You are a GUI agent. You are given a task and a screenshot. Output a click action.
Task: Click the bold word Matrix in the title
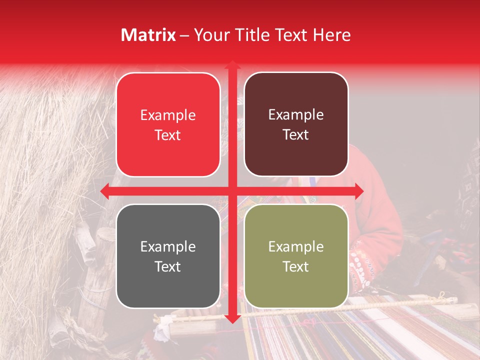[x=148, y=35]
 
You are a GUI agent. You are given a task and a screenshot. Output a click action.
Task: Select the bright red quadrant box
[x=168, y=124]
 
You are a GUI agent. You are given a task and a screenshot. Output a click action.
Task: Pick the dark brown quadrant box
[x=296, y=124]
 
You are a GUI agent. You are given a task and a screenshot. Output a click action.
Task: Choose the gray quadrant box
[x=168, y=256]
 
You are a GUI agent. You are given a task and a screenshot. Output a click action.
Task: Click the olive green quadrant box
[x=296, y=256]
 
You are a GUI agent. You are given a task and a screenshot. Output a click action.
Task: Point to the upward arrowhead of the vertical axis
[x=232, y=65]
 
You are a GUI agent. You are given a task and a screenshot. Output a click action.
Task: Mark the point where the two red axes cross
[x=232, y=191]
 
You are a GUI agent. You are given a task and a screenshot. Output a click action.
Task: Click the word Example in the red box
[x=168, y=115]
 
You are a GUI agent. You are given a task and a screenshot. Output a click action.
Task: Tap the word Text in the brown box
[x=296, y=135]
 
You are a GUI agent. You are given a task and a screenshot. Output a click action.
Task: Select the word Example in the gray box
[x=168, y=246]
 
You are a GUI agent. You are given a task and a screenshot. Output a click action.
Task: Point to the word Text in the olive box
[x=296, y=266]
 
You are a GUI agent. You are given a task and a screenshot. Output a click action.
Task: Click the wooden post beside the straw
[x=100, y=270]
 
